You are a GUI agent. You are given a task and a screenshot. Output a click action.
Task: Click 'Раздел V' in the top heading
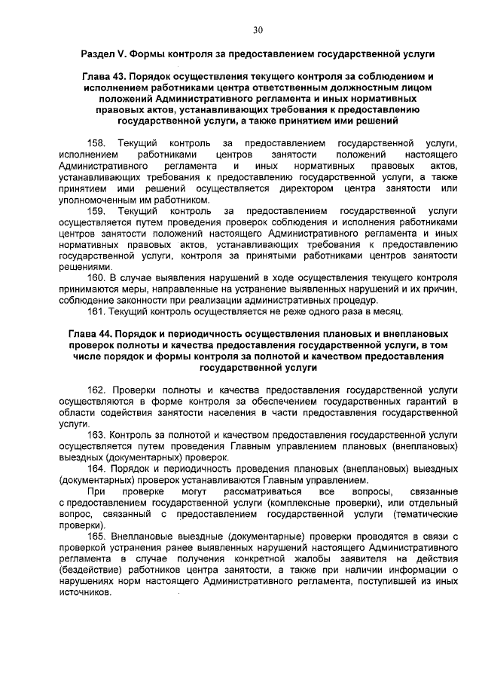click(x=103, y=56)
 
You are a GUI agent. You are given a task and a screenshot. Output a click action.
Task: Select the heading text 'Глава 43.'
click(x=102, y=78)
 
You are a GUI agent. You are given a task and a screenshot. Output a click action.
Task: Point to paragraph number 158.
click(x=97, y=142)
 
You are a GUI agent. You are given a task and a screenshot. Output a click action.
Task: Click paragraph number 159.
click(x=97, y=213)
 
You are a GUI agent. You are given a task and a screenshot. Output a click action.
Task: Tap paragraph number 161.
click(x=97, y=310)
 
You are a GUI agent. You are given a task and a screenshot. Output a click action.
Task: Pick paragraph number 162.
click(x=97, y=392)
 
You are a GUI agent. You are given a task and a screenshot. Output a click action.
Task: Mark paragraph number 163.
click(x=97, y=435)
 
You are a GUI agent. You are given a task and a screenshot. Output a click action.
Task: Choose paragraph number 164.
click(x=97, y=468)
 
